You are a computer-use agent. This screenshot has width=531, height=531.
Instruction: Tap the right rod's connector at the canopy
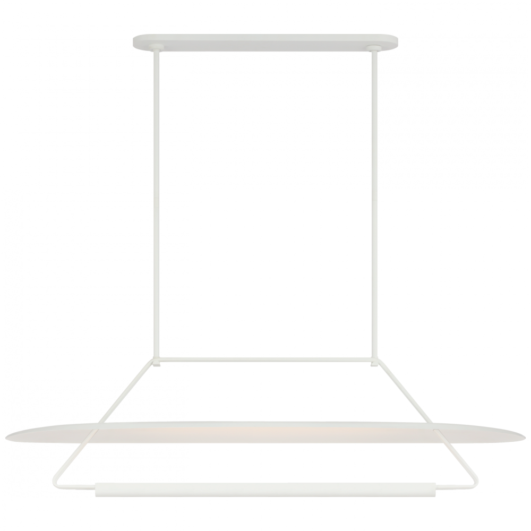click(373, 50)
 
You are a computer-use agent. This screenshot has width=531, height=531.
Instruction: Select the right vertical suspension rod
click(375, 202)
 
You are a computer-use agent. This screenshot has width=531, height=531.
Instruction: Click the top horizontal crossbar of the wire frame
click(265, 361)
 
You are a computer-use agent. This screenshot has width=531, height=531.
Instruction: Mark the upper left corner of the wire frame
click(156, 361)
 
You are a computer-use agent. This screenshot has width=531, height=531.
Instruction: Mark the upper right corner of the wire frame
click(378, 363)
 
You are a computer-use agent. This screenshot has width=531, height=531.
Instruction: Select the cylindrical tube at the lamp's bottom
click(265, 477)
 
